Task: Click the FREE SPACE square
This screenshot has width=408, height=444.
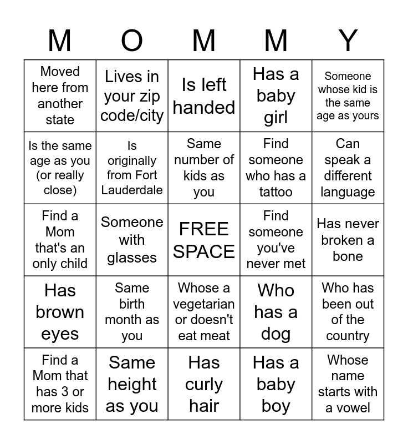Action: tap(204, 240)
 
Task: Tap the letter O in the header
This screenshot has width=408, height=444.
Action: tap(132, 41)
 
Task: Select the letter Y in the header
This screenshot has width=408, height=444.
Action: tap(348, 41)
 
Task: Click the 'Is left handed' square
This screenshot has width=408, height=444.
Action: tap(204, 95)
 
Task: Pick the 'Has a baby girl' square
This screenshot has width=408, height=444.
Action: tap(276, 95)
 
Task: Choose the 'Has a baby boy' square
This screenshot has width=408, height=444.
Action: tap(276, 384)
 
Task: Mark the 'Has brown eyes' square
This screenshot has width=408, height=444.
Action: tap(60, 312)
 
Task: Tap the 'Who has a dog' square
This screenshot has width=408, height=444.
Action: tap(276, 312)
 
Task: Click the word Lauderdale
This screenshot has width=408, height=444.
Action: tap(132, 190)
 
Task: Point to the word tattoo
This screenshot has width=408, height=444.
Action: tap(276, 192)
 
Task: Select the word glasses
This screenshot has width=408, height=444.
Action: tap(132, 258)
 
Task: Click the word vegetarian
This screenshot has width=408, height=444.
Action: tap(204, 304)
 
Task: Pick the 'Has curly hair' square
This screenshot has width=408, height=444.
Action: tap(204, 384)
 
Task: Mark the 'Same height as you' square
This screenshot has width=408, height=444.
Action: tap(132, 384)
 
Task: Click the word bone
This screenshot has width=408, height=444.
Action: tap(348, 256)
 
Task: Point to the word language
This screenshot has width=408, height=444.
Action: tap(348, 192)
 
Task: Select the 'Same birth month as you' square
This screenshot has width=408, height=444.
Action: tap(132, 312)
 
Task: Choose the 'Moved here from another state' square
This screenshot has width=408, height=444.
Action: tap(60, 95)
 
